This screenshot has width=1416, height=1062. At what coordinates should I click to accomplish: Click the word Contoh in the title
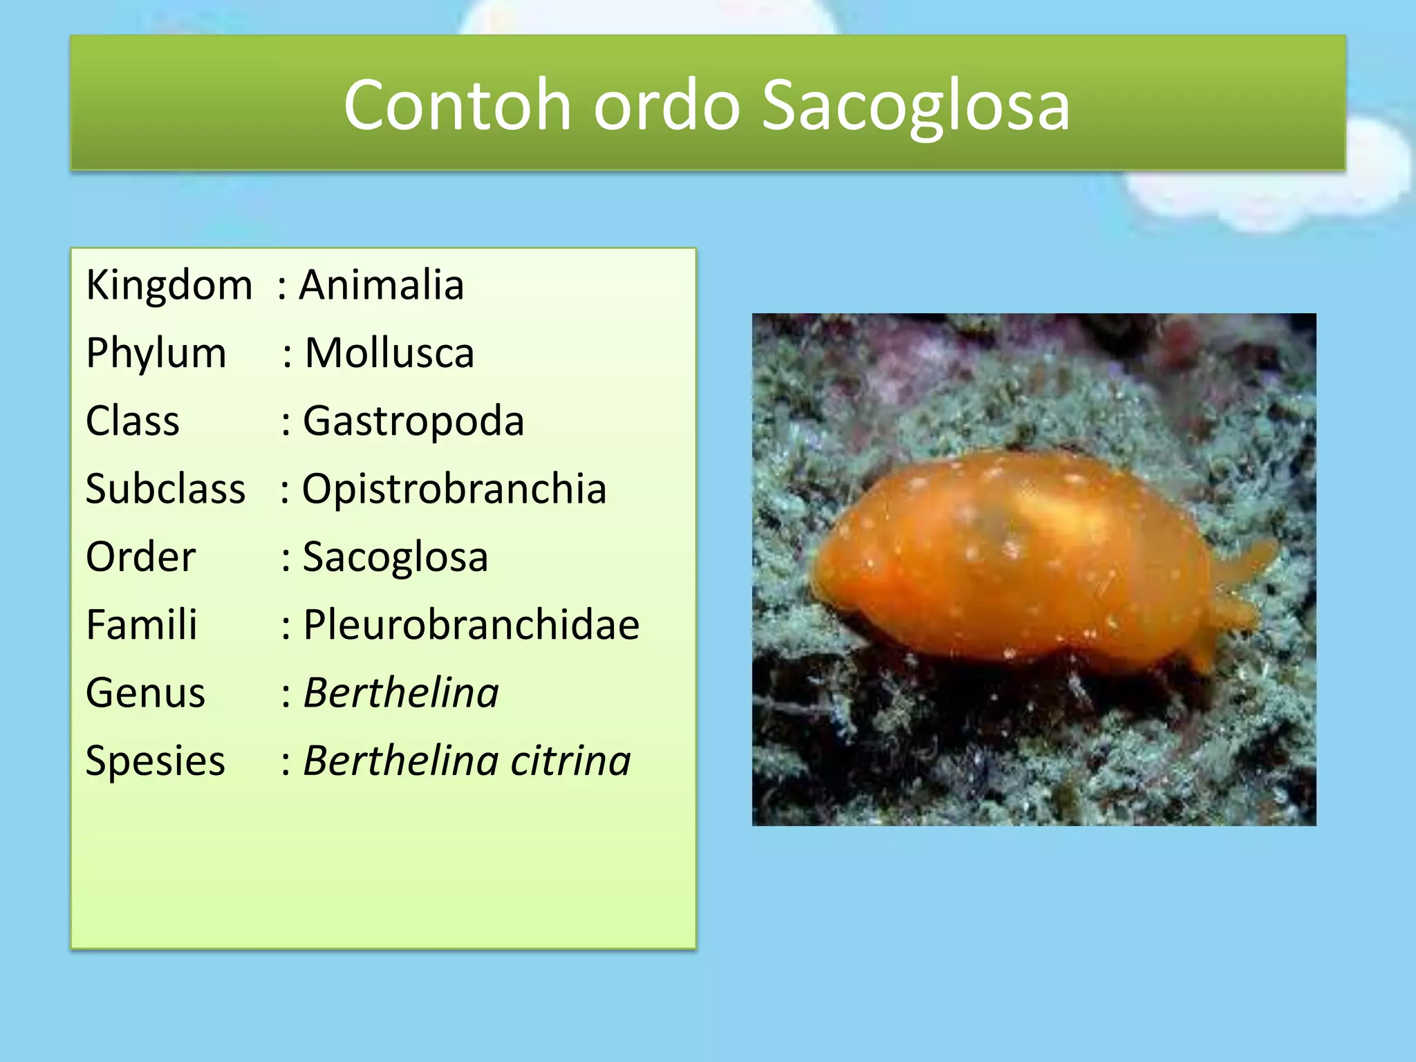(457, 105)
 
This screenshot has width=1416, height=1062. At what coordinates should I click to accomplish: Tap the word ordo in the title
(667, 105)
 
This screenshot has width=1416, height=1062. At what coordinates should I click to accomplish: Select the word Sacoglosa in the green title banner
(915, 105)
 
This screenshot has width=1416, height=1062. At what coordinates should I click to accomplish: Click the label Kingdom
(169, 285)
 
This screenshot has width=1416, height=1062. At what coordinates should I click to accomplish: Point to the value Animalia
(381, 285)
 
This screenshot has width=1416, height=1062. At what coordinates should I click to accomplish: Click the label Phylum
(156, 353)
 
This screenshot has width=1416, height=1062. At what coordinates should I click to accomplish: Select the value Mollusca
(389, 353)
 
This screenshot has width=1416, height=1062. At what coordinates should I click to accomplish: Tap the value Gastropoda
(413, 421)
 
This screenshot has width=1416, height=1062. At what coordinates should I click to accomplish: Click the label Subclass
(165, 489)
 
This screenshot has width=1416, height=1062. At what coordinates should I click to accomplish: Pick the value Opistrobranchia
(454, 489)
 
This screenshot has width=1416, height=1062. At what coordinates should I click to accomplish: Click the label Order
(141, 557)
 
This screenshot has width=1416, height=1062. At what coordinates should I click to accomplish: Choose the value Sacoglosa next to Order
(395, 557)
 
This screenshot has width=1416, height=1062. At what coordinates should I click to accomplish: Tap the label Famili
(142, 624)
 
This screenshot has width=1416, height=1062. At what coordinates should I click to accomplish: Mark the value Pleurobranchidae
(472, 624)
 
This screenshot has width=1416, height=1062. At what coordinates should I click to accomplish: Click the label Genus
(146, 693)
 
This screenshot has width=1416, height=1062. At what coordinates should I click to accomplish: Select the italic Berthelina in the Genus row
(401, 693)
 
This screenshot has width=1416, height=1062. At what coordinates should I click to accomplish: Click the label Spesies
(156, 761)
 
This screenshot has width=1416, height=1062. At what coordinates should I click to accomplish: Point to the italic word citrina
(570, 761)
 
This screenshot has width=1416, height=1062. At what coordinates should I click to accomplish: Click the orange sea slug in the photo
(1023, 560)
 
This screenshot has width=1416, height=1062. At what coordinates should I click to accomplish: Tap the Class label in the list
(133, 421)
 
